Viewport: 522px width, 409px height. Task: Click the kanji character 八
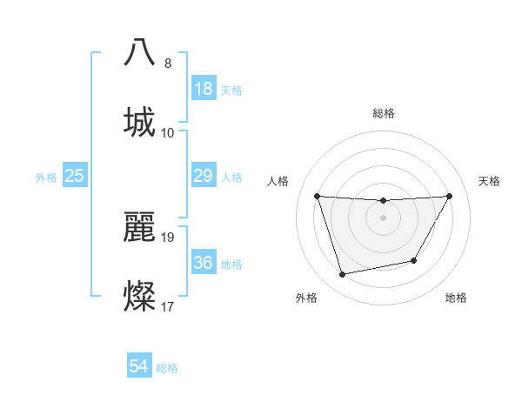[x=140, y=52]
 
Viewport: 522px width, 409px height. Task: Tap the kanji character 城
[x=140, y=122]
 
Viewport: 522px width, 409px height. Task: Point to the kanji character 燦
[x=140, y=296]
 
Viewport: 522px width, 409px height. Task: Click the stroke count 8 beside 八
[x=168, y=64]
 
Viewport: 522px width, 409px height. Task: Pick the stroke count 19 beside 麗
[x=169, y=237]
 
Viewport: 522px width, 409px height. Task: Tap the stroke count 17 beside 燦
[x=168, y=306]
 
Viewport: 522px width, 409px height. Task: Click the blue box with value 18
[x=204, y=90]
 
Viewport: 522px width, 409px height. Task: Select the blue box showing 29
[x=204, y=177]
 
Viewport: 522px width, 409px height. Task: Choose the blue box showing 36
[x=204, y=264]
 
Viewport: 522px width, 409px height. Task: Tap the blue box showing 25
[x=75, y=177]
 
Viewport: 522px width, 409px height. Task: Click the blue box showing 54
[x=139, y=367]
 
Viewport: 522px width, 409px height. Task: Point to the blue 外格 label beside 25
[x=46, y=178]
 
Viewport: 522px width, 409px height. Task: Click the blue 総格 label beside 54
[x=167, y=368]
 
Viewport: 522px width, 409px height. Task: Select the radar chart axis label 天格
[x=490, y=181]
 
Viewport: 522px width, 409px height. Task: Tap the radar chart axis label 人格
[x=278, y=181]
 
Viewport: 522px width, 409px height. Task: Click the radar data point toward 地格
[x=414, y=260]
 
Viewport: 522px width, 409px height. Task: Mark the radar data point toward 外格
[x=343, y=275]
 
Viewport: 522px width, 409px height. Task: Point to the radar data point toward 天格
[x=450, y=196]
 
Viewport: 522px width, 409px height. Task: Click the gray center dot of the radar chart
[x=383, y=218]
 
